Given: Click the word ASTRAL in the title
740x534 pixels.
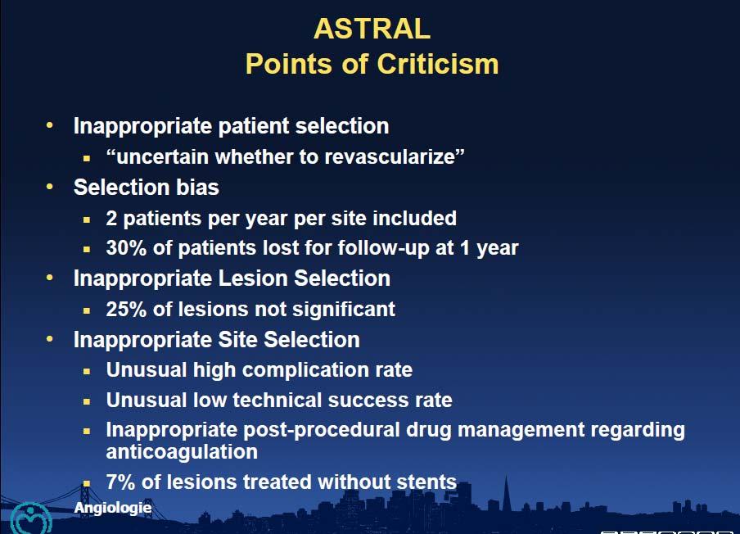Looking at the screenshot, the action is tap(372, 29).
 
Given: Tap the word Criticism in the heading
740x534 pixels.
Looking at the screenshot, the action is tap(437, 64).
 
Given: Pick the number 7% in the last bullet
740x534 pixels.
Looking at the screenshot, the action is tap(120, 482).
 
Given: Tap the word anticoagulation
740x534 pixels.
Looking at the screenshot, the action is tap(182, 452).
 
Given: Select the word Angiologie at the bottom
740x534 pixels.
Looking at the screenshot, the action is tap(113, 508).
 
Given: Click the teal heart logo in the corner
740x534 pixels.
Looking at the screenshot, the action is tap(30, 519).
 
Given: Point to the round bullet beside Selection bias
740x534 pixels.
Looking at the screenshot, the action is tap(50, 187).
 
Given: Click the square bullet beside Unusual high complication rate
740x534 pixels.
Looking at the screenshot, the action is tap(87, 372).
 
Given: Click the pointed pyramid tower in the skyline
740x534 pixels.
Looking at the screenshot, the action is tap(507, 495).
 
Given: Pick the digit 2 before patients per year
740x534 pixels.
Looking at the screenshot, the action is tap(111, 218).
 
